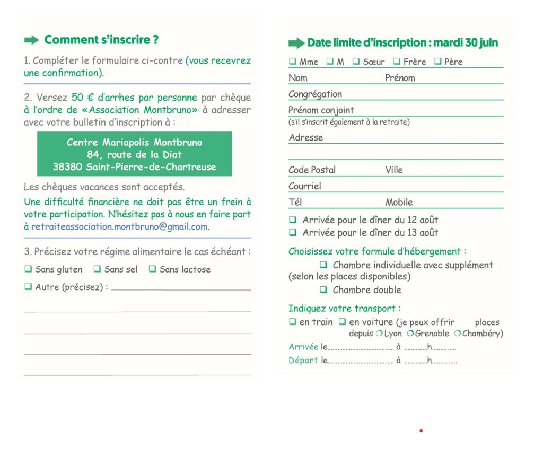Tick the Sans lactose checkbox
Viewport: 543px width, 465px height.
[152, 269]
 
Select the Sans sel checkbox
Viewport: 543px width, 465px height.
[97, 269]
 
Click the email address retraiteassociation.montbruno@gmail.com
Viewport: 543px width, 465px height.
[119, 226]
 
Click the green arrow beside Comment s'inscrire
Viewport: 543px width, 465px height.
[32, 40]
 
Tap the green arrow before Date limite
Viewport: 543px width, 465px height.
[296, 43]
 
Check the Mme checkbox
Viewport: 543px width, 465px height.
[292, 62]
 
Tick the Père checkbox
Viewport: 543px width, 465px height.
[437, 62]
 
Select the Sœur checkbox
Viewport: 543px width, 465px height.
[356, 62]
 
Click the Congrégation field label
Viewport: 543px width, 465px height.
[315, 94]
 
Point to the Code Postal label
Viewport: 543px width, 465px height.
[312, 170]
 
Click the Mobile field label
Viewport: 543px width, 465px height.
[399, 202]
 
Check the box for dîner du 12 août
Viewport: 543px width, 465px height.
[292, 220]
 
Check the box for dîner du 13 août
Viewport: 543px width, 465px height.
[292, 232]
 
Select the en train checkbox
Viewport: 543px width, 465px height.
[292, 322]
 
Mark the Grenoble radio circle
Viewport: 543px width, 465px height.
[410, 334]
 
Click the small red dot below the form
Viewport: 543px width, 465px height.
[421, 431]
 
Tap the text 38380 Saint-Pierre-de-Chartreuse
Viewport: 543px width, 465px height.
[134, 167]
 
